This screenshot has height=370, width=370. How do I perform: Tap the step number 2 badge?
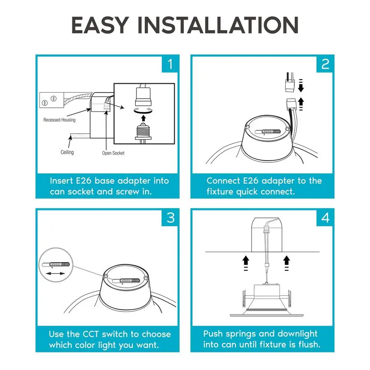pos(325,64)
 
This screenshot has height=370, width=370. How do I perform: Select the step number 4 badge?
pos(325,218)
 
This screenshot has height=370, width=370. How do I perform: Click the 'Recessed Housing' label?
pos(59,120)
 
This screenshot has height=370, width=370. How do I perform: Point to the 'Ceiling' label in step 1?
pos(67,152)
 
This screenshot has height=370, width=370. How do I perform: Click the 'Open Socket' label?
pos(113,153)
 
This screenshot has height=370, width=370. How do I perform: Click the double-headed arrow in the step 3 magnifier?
pos(55,273)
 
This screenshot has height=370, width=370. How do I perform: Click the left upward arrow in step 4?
pos(246,260)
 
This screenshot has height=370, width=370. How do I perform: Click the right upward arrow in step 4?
pos(287,260)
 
